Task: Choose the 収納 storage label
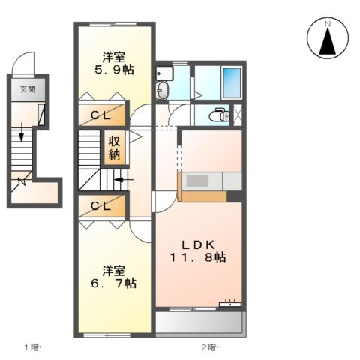[115, 148]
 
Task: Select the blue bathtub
[232, 82]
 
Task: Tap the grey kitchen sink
[200, 181]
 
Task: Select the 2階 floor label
[208, 346]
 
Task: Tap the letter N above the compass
[327, 23]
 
